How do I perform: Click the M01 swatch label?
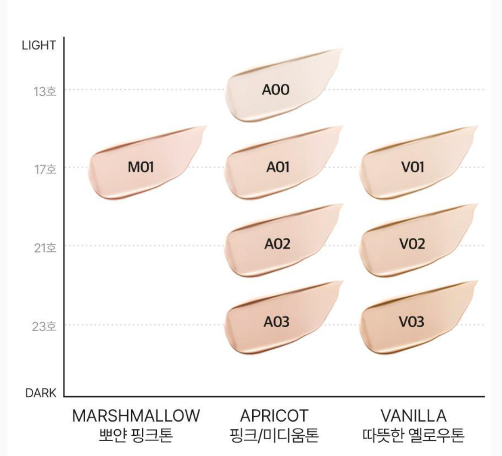(x=141, y=167)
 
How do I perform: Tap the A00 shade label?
(x=275, y=90)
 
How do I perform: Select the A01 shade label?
(x=278, y=167)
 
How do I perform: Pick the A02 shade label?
(x=277, y=244)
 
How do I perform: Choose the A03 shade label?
(x=277, y=322)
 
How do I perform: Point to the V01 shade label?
(x=412, y=167)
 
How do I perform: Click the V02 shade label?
(x=412, y=244)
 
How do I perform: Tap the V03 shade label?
(x=412, y=322)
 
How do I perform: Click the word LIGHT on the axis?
(x=39, y=46)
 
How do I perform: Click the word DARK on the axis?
(x=40, y=393)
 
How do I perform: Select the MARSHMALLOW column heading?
(x=136, y=416)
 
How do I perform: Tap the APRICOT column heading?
(x=274, y=416)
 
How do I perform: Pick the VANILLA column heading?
(x=413, y=416)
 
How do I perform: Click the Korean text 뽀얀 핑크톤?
(x=136, y=435)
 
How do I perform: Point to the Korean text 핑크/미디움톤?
(x=274, y=435)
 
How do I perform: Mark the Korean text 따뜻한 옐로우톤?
(x=413, y=435)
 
